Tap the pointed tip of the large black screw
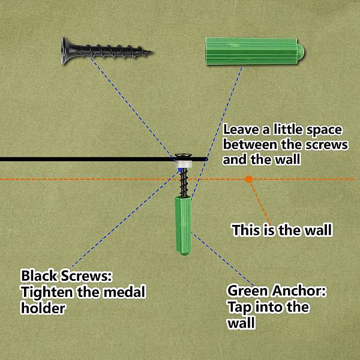tap(152, 52)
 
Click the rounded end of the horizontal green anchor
tap(301, 51)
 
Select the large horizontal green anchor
tap(255, 51)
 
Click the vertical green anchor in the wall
tap(183, 226)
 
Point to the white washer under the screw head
tap(184, 164)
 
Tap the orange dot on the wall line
tap(248, 179)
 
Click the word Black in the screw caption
tap(39, 276)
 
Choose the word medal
tap(124, 292)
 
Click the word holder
tap(43, 308)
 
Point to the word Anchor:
tap(299, 290)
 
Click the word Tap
tap(239, 307)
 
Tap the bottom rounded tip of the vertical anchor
tap(183, 253)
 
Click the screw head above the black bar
tap(184, 155)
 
